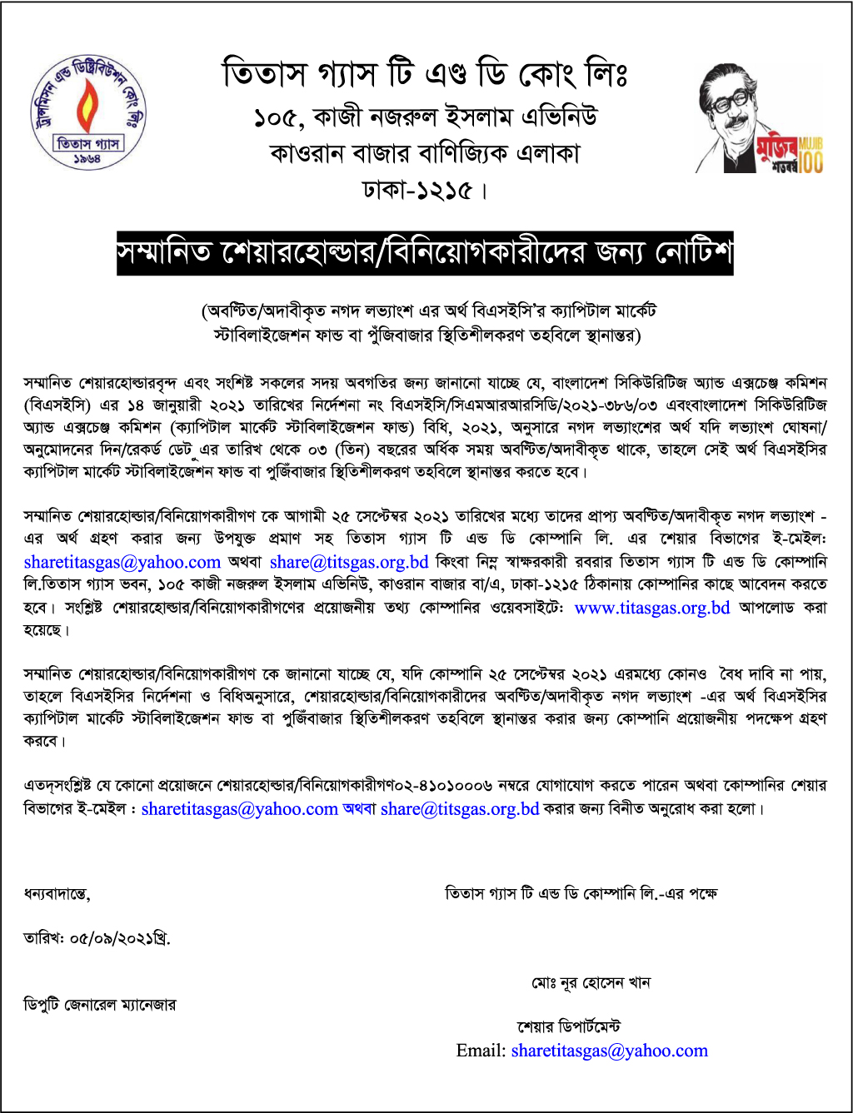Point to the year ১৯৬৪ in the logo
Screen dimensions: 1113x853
[x=87, y=158]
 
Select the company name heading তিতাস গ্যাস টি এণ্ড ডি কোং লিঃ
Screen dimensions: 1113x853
[x=425, y=74]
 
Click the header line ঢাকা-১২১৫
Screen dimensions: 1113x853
[x=425, y=191]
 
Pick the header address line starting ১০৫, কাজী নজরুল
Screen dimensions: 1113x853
[x=425, y=117]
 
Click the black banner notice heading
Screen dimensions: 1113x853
[x=425, y=252]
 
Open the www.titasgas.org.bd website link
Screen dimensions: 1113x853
[x=652, y=608]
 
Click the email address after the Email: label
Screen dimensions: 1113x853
[x=609, y=1051]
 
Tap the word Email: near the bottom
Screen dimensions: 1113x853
[x=481, y=1051]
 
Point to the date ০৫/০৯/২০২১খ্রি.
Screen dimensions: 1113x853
[x=97, y=939]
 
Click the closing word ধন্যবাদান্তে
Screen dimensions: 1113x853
[x=57, y=894]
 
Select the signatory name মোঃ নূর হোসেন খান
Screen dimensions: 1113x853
[x=591, y=983]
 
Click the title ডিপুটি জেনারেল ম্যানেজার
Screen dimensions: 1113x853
[x=100, y=1005]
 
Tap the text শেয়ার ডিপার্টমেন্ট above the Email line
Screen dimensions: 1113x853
[x=568, y=1027]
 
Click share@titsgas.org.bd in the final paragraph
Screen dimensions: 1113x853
[x=460, y=808]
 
